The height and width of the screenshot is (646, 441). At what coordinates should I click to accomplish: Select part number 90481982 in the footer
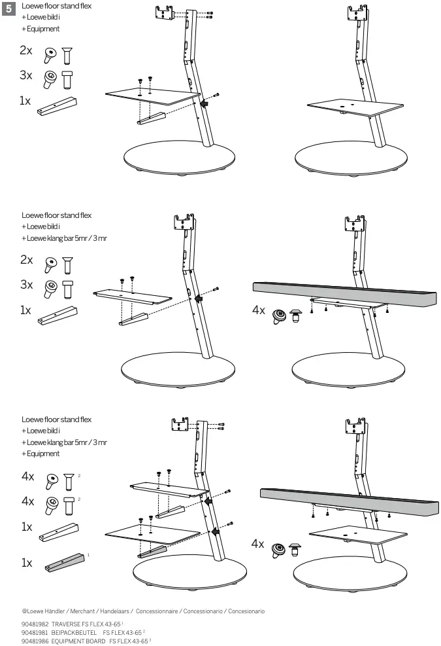click(x=35, y=624)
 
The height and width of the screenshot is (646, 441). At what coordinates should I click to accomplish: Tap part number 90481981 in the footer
click(x=35, y=633)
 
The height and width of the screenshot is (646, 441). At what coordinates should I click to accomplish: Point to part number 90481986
click(x=35, y=641)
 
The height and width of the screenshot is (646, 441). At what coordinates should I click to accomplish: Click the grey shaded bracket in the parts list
click(x=65, y=561)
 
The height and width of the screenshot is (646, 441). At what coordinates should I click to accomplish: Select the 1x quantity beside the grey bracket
click(x=26, y=562)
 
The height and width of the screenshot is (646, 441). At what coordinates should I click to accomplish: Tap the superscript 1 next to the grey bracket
click(x=88, y=554)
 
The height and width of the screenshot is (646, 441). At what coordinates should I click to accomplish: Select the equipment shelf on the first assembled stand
click(x=353, y=107)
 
